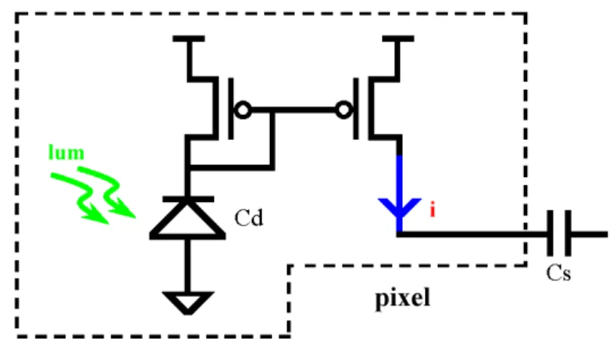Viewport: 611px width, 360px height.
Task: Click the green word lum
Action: (x=67, y=152)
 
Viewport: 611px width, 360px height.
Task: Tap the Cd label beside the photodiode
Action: (x=249, y=217)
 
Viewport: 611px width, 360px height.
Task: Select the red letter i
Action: (x=433, y=209)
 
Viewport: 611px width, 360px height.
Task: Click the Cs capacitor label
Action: (x=558, y=273)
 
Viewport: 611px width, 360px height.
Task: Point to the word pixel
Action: (x=402, y=299)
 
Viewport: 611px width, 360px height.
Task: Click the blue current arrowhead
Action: (x=399, y=208)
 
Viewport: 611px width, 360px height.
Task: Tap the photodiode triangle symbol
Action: (x=188, y=219)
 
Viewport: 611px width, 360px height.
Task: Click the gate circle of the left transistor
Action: (x=243, y=110)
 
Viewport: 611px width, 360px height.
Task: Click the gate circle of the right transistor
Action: (x=343, y=110)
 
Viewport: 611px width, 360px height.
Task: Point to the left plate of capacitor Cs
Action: (x=550, y=233)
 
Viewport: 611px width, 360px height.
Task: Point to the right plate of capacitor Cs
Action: (x=568, y=233)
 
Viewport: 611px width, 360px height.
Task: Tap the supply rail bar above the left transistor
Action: (x=188, y=39)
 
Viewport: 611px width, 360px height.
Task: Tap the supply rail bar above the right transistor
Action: (x=399, y=39)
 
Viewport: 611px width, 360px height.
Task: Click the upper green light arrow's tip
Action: (x=135, y=216)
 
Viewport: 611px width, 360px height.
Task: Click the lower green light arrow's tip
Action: (x=108, y=223)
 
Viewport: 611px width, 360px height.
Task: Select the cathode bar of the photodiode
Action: (x=188, y=199)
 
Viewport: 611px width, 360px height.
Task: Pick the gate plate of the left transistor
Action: (x=231, y=109)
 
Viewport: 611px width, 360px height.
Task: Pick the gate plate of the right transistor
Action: (x=355, y=109)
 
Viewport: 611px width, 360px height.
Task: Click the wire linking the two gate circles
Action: (x=293, y=110)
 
